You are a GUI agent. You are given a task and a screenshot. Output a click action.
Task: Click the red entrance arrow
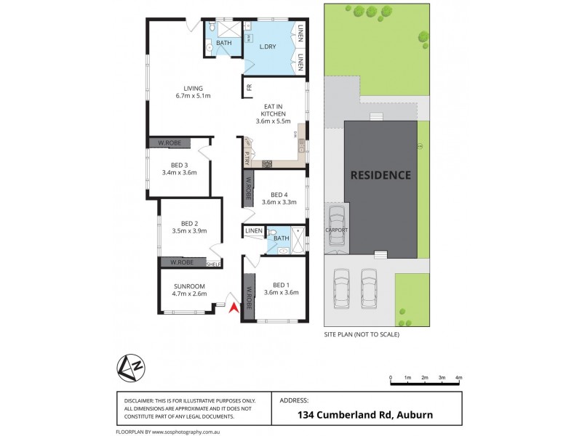click(x=234, y=307)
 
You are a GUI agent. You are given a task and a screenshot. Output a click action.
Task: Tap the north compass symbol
click(x=127, y=368)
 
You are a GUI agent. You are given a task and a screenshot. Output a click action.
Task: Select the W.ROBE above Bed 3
click(x=170, y=143)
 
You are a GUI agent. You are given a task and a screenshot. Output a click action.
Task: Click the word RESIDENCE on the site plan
click(x=380, y=175)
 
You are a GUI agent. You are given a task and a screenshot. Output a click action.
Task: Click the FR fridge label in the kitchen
click(x=249, y=88)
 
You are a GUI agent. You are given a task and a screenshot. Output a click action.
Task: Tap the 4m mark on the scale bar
click(x=458, y=379)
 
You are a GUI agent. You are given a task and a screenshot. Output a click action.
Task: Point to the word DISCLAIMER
click(x=139, y=400)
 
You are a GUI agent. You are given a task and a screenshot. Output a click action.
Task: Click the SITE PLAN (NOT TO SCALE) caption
click(x=362, y=335)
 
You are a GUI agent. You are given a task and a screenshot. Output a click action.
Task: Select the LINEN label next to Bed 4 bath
click(x=254, y=231)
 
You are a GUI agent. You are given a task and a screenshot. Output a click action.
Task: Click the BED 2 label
click(x=189, y=223)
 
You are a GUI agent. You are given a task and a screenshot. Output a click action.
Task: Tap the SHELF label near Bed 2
click(x=214, y=264)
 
